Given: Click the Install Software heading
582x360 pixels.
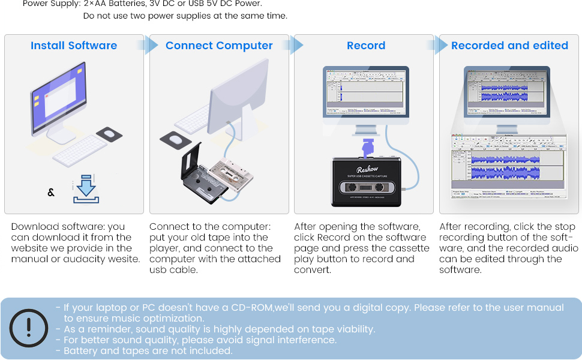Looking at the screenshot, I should [74, 46].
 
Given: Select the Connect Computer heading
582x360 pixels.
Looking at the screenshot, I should [219, 46].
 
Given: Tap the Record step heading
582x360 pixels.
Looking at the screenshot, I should [366, 46].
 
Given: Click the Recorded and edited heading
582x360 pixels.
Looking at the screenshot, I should [509, 46].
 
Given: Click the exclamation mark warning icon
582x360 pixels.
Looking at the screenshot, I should [29, 327].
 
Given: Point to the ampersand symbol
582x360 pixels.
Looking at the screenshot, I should [51, 193].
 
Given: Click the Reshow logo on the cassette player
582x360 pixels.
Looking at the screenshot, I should [366, 170].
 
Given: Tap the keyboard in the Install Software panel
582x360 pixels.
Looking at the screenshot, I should [80, 151].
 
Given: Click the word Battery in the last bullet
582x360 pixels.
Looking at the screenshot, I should [80, 351].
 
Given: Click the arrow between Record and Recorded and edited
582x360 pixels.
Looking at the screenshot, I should [441, 46].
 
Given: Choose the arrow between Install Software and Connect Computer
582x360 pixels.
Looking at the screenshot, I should [151, 46].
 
